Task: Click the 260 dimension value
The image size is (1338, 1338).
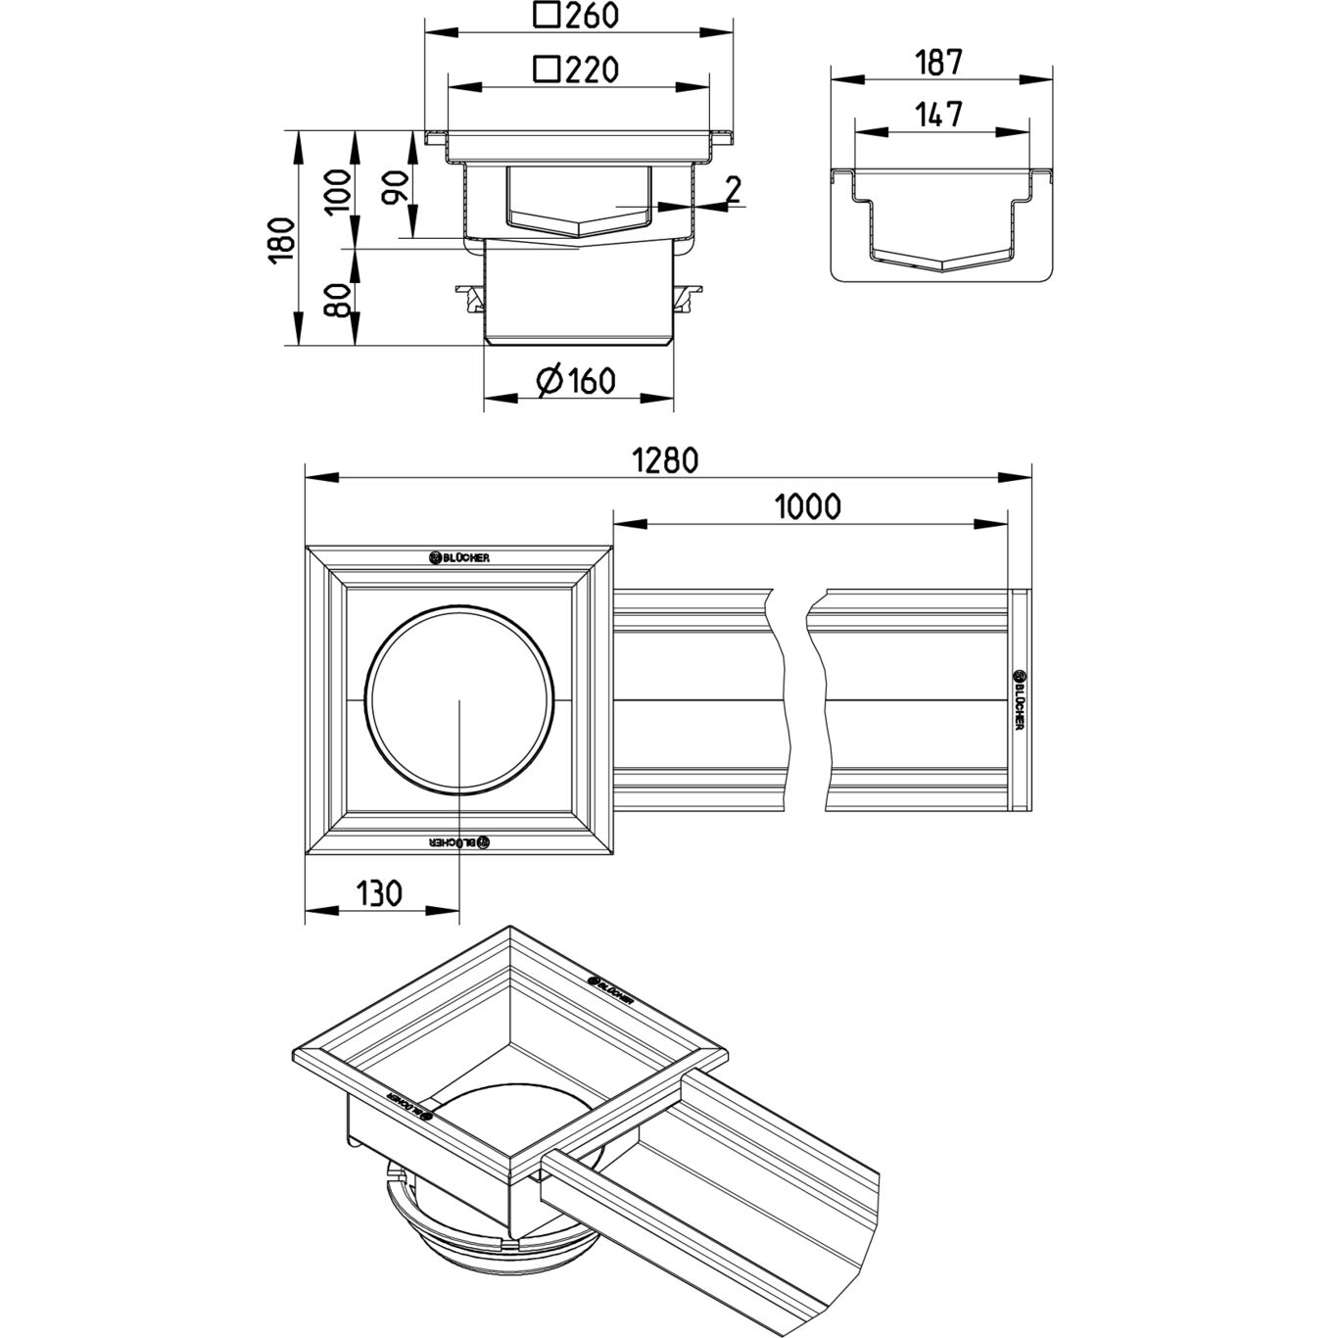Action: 593,17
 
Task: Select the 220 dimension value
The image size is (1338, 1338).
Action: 590,70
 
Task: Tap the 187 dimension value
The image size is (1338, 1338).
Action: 939,62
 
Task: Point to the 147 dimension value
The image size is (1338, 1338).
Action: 940,115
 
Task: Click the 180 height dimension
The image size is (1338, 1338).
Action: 281,240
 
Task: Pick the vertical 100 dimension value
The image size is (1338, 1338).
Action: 337,192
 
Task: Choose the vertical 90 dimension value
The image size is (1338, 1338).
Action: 394,186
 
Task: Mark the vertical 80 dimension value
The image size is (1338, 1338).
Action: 337,299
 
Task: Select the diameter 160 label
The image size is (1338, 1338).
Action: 591,380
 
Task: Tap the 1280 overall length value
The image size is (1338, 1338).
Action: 665,460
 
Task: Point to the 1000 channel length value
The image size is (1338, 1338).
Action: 808,506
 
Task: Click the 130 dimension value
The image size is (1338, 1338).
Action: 378,893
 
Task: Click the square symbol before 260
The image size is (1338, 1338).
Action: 547,16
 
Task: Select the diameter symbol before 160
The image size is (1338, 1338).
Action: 550,380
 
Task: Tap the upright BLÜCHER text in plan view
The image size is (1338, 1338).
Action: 459,557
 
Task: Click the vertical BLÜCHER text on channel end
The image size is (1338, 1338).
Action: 1019,699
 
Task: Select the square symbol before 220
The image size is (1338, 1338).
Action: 546,70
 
